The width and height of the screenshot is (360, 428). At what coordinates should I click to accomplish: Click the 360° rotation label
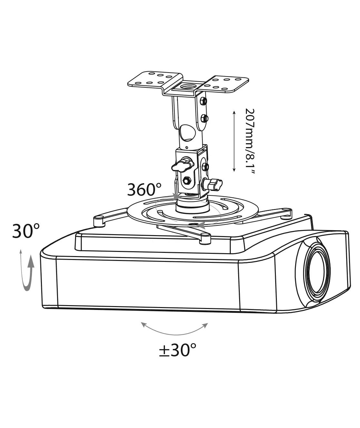(x=144, y=190)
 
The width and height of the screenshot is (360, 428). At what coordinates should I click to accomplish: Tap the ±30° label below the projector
(x=178, y=350)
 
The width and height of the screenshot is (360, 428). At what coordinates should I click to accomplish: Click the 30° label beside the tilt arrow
(x=26, y=231)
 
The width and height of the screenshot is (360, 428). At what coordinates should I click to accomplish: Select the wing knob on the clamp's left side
(x=182, y=164)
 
